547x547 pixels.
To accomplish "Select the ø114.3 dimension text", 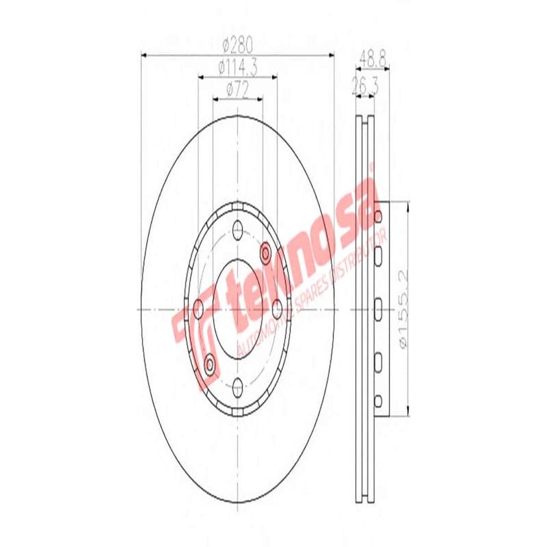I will point(237,68).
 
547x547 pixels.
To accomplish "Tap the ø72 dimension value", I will point(237,89).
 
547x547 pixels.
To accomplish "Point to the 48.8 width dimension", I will point(373,60).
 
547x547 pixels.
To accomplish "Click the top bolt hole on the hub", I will point(237,228).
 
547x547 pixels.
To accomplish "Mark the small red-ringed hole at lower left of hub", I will point(209,362).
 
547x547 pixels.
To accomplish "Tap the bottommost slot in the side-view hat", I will point(378,399).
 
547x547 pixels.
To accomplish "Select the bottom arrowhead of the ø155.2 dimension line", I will point(408,412).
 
